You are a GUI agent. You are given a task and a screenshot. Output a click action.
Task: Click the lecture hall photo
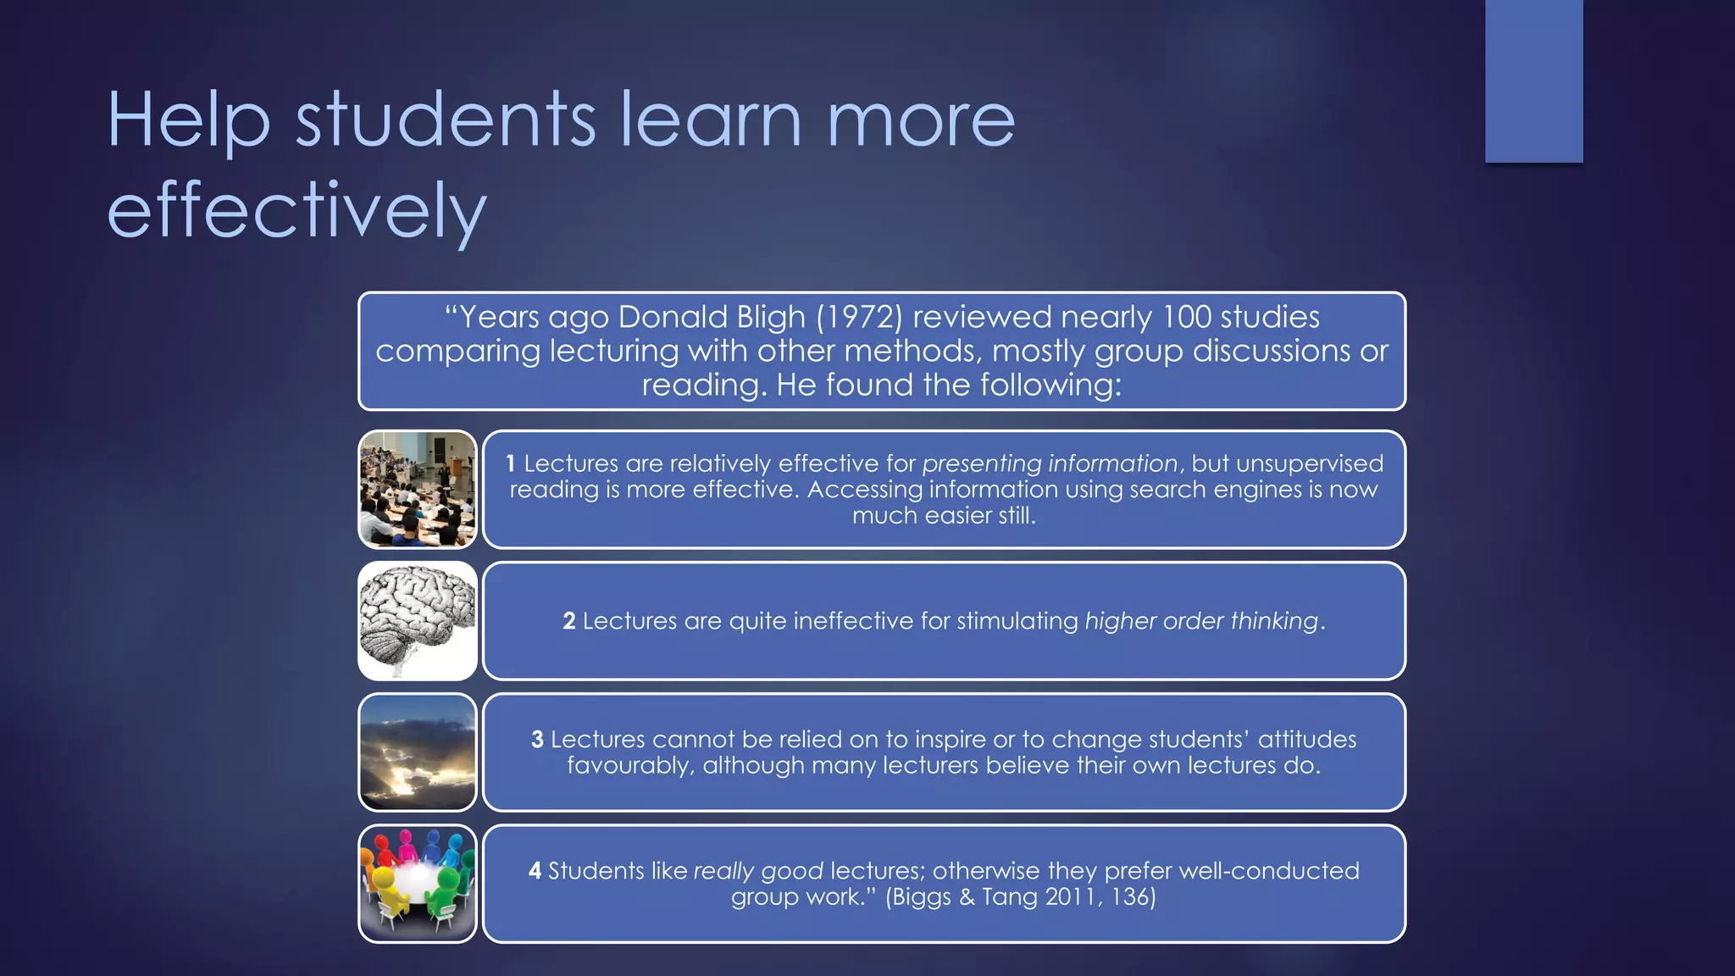(x=418, y=489)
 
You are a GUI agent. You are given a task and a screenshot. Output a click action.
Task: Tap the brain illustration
(x=418, y=620)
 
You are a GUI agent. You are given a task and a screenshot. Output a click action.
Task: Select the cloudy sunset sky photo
(x=418, y=751)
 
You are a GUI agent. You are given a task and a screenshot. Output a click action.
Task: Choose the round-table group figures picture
(x=418, y=883)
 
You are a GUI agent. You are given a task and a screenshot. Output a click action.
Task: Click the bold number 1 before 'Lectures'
(x=510, y=463)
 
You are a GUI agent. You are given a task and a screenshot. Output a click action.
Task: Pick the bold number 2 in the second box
(x=569, y=621)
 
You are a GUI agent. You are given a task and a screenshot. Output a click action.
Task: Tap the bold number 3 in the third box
(x=537, y=740)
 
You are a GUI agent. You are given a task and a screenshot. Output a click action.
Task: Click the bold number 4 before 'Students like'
(x=535, y=871)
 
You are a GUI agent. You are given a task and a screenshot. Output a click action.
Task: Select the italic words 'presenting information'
(x=1050, y=463)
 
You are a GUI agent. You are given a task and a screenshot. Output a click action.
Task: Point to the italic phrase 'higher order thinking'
(x=1201, y=621)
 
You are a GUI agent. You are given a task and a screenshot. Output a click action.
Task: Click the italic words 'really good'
(x=758, y=871)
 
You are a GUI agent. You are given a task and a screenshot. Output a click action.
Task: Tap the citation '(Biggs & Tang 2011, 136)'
(x=1021, y=896)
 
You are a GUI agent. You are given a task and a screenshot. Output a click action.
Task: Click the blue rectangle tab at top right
(x=1533, y=80)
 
